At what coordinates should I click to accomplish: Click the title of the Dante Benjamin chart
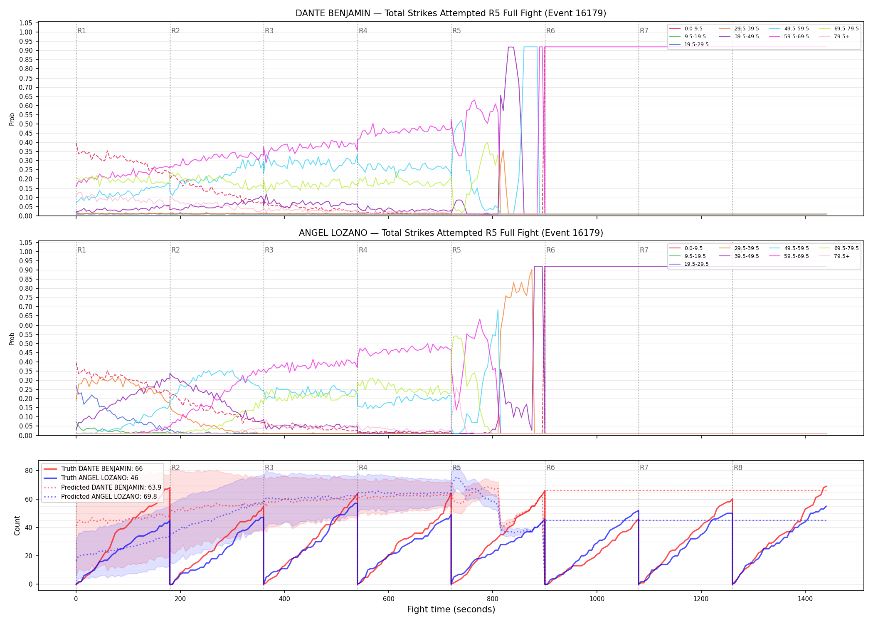[451, 13]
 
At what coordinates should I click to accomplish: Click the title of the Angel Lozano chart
[451, 233]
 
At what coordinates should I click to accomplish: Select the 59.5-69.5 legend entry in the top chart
[789, 37]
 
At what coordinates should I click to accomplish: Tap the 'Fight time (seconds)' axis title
[451, 610]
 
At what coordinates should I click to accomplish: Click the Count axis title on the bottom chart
[17, 525]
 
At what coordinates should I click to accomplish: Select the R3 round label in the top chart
[269, 31]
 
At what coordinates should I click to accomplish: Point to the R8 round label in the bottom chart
[738, 468]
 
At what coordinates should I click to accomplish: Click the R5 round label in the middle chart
[456, 250]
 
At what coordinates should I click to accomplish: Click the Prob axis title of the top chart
[12, 119]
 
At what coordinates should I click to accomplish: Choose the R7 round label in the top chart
[644, 31]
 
